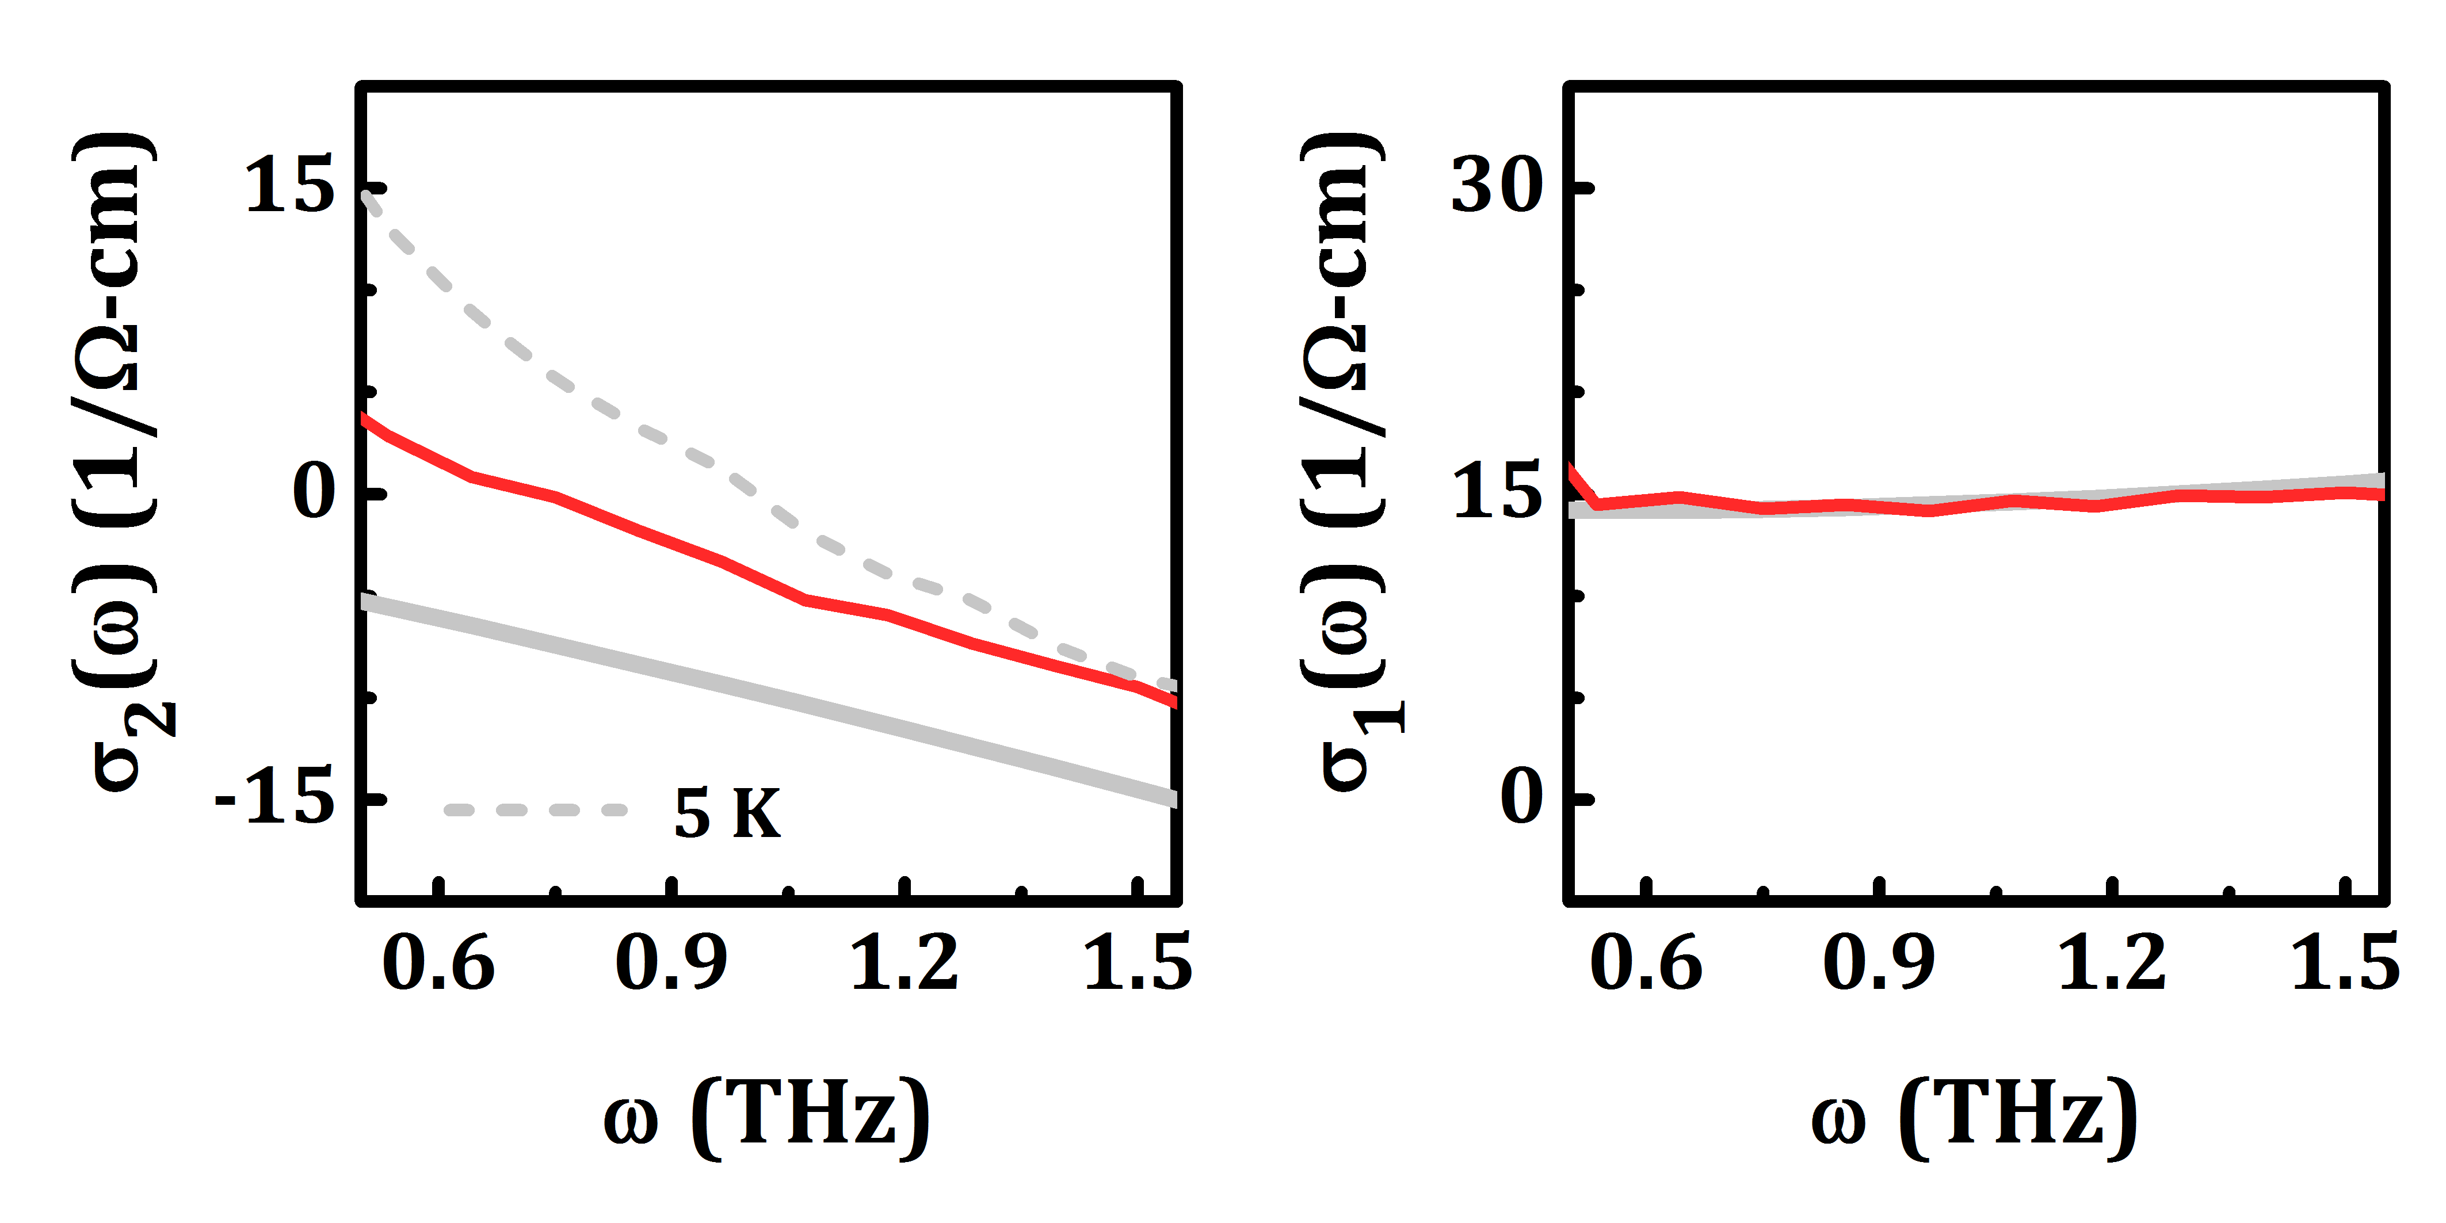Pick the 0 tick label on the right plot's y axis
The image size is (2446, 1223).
(1521, 798)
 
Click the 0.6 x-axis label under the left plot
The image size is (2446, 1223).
(438, 964)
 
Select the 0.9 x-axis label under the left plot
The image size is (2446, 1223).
(671, 964)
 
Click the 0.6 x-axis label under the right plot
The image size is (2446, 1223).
(1646, 964)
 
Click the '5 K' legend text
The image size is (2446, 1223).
(727, 814)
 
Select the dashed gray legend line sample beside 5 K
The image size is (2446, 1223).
(536, 810)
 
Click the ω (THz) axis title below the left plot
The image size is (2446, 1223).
(767, 1118)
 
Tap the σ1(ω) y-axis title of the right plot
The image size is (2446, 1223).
(1346, 465)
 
